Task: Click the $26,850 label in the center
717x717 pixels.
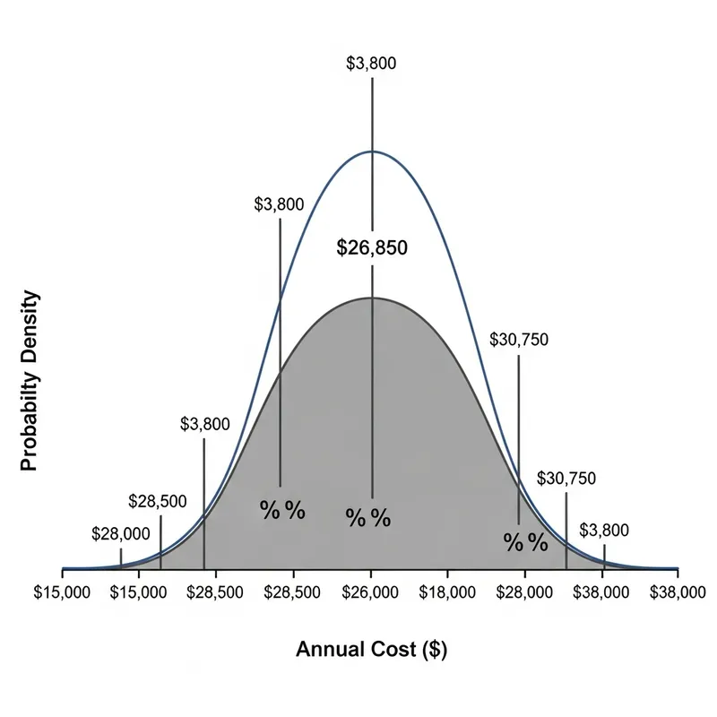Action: pos(372,248)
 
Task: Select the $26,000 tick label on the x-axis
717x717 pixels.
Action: pos(372,592)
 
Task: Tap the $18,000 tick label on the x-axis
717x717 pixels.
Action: pos(448,592)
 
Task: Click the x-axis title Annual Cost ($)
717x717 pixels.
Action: pos(371,650)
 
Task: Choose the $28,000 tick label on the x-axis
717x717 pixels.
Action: pos(525,592)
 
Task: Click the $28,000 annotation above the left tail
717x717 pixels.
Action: pos(121,534)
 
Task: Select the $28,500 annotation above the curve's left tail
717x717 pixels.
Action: pos(158,501)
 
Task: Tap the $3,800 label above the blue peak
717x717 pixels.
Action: pos(371,64)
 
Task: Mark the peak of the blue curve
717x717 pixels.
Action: pos(372,151)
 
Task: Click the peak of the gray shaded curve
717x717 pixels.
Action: pos(372,298)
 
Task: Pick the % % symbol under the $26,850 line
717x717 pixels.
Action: pos(368,518)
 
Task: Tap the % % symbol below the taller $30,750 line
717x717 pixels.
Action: pos(525,542)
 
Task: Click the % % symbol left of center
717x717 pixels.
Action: pos(282,510)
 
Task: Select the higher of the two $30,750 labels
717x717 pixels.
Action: pos(519,340)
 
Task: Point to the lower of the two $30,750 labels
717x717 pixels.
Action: pos(566,479)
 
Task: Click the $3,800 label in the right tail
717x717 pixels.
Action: pos(604,531)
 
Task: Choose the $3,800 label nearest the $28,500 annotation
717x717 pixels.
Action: pos(204,424)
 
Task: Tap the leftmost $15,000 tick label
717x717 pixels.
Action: pos(62,592)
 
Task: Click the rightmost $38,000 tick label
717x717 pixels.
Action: pos(678,592)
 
